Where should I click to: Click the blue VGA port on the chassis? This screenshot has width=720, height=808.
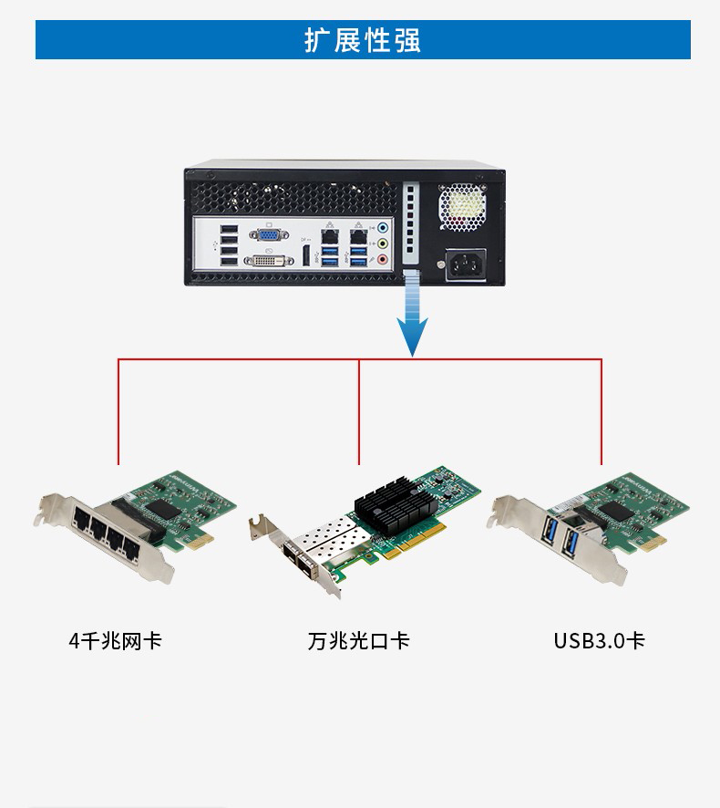pyautogui.click(x=269, y=235)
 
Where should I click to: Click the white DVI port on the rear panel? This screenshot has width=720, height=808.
pyautogui.click(x=268, y=261)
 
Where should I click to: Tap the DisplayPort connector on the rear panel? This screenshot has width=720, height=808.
pyautogui.click(x=306, y=256)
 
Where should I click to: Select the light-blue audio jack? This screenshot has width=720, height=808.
pyautogui.click(x=382, y=227)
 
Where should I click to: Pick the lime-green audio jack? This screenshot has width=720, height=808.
pyautogui.click(x=382, y=243)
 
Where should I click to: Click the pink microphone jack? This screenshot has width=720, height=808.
pyautogui.click(x=382, y=259)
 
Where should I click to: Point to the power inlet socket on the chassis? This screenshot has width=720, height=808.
pyautogui.click(x=466, y=264)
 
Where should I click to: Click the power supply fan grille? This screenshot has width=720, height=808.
pyautogui.click(x=462, y=207)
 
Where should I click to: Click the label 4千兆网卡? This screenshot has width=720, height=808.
pyautogui.click(x=116, y=641)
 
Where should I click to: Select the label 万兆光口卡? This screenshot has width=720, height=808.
pyautogui.click(x=358, y=641)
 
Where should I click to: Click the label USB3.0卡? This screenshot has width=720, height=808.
pyautogui.click(x=600, y=641)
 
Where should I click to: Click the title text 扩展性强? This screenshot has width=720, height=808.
pyautogui.click(x=363, y=40)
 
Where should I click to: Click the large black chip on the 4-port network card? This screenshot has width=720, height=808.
pyautogui.click(x=163, y=509)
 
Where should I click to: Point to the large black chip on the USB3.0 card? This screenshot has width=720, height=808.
pyautogui.click(x=615, y=511)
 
